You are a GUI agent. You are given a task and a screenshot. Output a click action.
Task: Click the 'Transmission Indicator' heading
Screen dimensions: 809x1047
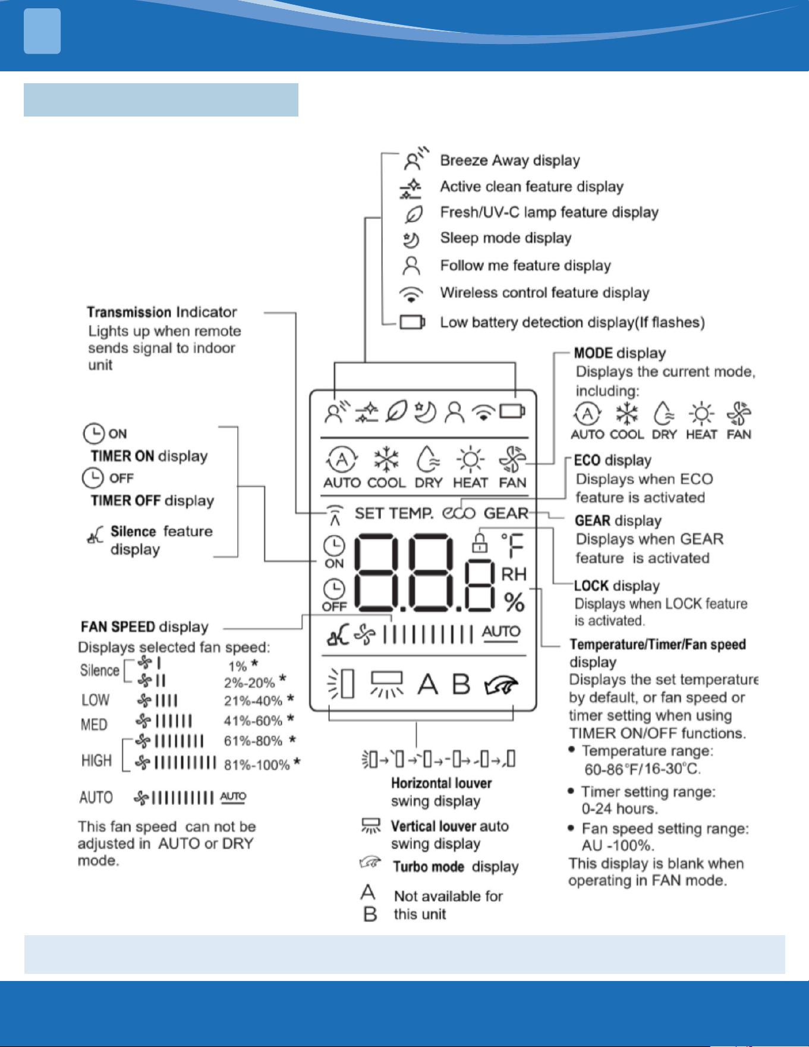(162, 312)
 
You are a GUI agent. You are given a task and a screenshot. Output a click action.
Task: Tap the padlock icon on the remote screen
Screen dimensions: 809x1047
(480, 542)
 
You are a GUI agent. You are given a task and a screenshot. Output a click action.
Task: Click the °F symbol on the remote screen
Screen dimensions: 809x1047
(512, 546)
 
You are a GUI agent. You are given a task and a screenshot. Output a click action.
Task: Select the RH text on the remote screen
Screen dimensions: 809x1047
(514, 574)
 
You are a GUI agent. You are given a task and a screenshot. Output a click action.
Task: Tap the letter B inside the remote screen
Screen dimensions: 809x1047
(461, 684)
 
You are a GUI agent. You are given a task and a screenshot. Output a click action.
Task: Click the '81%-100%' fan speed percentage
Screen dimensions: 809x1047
(257, 765)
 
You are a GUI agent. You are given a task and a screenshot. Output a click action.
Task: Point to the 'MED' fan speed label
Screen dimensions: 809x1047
(94, 725)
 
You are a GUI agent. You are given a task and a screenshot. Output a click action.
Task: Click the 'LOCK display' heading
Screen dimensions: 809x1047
(617, 586)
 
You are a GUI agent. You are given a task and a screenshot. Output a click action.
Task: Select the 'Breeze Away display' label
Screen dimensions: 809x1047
(510, 161)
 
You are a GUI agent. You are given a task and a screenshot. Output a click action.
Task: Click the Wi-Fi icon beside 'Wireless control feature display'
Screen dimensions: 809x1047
(411, 294)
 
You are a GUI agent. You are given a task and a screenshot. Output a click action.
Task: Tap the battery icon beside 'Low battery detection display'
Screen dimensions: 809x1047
(412, 322)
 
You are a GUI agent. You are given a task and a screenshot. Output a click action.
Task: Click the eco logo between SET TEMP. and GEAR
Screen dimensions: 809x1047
(458, 513)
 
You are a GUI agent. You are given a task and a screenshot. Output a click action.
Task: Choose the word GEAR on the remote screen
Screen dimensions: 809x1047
(506, 513)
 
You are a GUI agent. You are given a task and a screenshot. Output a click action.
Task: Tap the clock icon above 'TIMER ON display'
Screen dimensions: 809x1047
(94, 433)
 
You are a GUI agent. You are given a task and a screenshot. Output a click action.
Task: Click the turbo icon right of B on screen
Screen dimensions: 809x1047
(501, 686)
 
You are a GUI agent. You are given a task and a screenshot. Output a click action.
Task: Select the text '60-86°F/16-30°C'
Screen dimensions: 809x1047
(643, 769)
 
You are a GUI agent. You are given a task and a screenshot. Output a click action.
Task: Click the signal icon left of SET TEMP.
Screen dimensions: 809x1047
(335, 515)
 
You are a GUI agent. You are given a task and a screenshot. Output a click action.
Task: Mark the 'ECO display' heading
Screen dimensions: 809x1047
(613, 461)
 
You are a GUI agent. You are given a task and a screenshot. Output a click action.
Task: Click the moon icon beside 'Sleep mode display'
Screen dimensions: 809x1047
(411, 240)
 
